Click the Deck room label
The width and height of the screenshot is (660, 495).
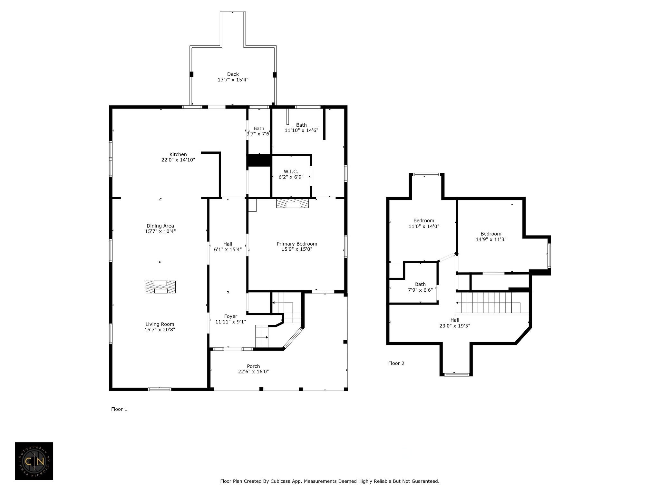[233, 74]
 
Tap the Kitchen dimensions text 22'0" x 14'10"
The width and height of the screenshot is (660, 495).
[178, 160]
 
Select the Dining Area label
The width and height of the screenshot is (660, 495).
[160, 226]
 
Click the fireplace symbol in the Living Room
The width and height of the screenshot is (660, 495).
[160, 287]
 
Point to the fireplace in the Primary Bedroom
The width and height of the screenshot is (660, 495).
[292, 204]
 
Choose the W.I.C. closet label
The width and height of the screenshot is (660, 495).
[291, 171]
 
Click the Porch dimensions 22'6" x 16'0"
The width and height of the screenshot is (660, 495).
[253, 372]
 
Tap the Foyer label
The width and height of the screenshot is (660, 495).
[230, 316]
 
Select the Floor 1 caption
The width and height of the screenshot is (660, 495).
[119, 409]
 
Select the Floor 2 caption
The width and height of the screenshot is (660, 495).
[396, 363]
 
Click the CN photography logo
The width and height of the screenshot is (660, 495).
[34, 461]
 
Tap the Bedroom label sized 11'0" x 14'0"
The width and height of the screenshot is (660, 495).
[424, 221]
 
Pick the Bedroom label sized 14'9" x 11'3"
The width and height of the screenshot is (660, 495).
[491, 234]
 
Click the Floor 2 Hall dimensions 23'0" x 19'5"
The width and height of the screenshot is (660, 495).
[455, 326]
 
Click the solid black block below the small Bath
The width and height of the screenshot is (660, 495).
[259, 160]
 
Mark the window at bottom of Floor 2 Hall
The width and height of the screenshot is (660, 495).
[456, 374]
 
